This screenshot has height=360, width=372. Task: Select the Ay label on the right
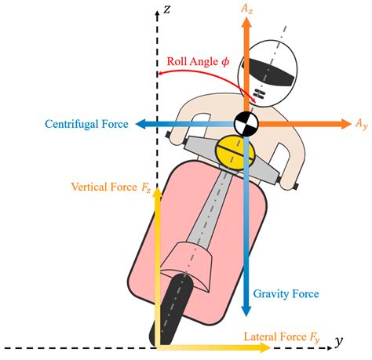pos(360,124)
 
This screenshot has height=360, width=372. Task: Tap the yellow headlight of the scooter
pos(232,151)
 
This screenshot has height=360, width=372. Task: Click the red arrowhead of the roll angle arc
pos(159,75)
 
